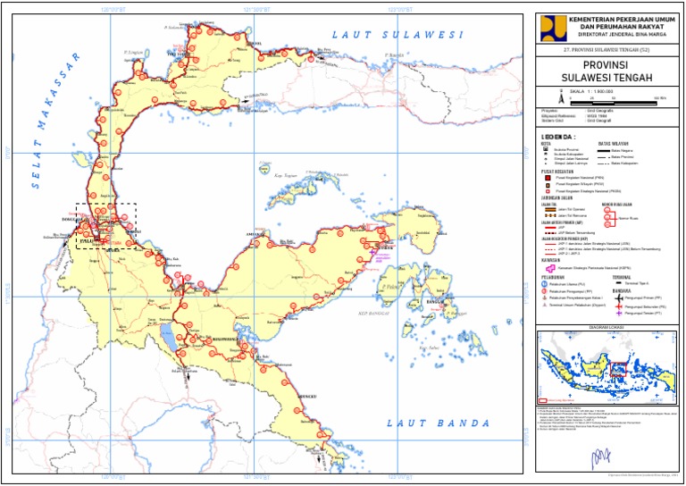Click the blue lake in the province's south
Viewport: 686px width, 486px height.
click(x=166, y=338)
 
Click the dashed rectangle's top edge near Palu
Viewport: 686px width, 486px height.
click(x=106, y=204)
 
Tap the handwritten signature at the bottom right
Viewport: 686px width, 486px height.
click(x=596, y=458)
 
